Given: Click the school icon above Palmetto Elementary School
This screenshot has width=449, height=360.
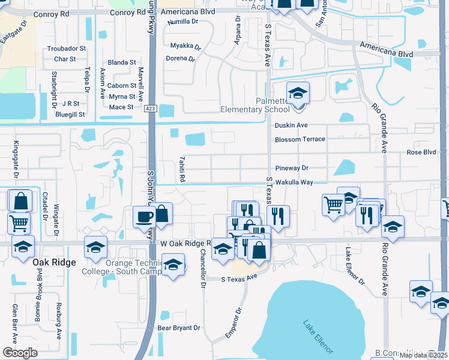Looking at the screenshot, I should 297,93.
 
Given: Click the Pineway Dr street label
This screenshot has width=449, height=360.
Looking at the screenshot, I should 291,169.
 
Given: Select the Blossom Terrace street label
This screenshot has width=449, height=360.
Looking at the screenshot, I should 300,139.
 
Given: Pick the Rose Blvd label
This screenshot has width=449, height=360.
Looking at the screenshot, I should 421,152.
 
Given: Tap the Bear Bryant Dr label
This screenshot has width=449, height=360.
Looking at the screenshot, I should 178,328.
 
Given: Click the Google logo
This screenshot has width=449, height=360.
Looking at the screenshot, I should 20,352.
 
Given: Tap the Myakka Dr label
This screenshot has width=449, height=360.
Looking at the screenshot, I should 182,46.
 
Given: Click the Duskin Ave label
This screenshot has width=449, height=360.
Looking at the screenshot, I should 291,125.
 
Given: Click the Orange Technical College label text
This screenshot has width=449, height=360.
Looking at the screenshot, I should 133,268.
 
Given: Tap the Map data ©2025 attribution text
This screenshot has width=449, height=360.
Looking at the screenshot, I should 423,355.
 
